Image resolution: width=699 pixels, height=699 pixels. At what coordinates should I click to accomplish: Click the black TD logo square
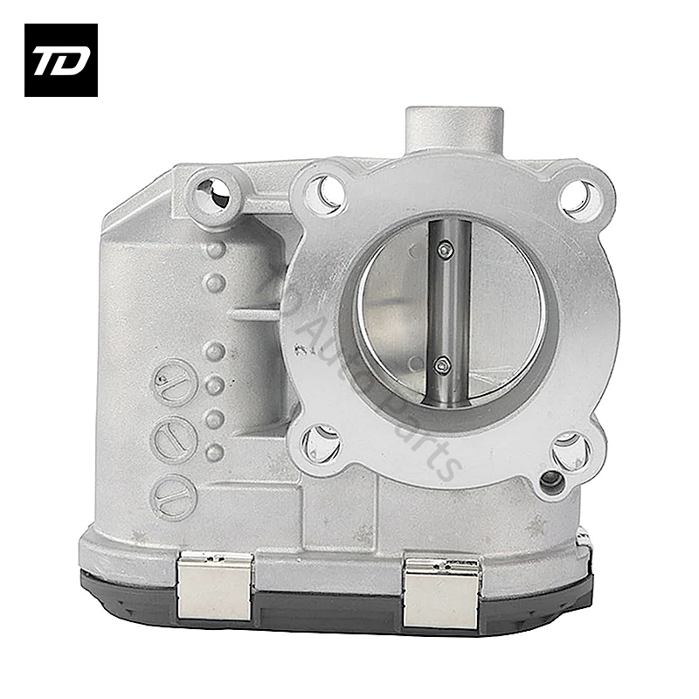pos(60,59)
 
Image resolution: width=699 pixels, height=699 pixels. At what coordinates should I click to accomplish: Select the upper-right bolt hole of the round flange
pos(578,197)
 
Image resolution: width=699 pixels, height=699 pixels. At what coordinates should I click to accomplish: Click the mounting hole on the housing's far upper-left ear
pos(214,191)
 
